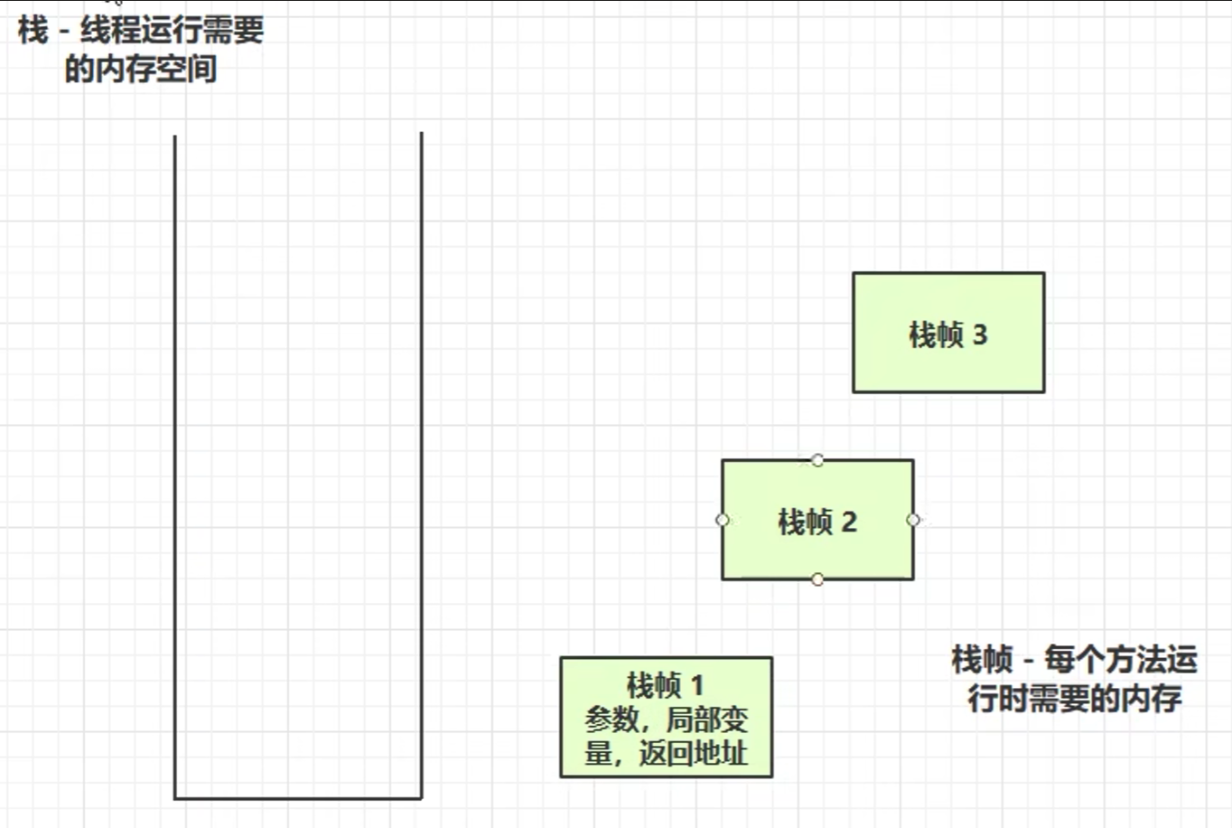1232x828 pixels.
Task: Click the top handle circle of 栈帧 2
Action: pos(817,460)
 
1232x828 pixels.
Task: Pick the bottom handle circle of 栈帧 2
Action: pos(817,579)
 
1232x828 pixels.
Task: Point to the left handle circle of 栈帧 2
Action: pos(722,520)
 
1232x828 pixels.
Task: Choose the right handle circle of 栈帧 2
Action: pos(913,520)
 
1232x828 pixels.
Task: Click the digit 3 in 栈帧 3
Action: pos(980,335)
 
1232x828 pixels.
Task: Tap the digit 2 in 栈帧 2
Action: pos(849,522)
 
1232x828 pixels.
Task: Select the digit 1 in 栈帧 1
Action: pos(696,685)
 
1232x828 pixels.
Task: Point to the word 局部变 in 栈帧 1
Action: pos(707,720)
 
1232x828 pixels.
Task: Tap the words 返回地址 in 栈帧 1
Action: pos(694,753)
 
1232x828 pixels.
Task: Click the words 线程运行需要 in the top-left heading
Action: pos(172,31)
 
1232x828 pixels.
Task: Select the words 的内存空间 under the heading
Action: pos(141,69)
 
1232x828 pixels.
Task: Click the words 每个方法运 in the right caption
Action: pos(1121,659)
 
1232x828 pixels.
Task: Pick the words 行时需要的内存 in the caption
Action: pos(1075,698)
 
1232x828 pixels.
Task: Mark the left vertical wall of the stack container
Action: pos(174,452)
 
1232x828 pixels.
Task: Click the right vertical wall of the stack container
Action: pos(422,452)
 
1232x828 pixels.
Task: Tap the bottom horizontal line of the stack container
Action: pos(298,798)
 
